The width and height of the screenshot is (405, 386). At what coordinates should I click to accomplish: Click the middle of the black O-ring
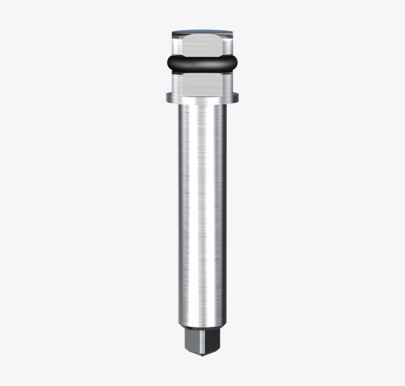coord(202,63)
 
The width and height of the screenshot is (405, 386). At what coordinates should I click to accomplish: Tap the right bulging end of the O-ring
coord(234,63)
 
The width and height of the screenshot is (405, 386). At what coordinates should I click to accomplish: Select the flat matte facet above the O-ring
coord(202,47)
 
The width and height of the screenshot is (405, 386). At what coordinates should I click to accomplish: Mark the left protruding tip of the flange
coord(168,96)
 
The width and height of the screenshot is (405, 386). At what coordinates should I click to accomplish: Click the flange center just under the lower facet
coord(202,96)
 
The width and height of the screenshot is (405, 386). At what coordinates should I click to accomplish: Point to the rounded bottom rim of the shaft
coord(202,324)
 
